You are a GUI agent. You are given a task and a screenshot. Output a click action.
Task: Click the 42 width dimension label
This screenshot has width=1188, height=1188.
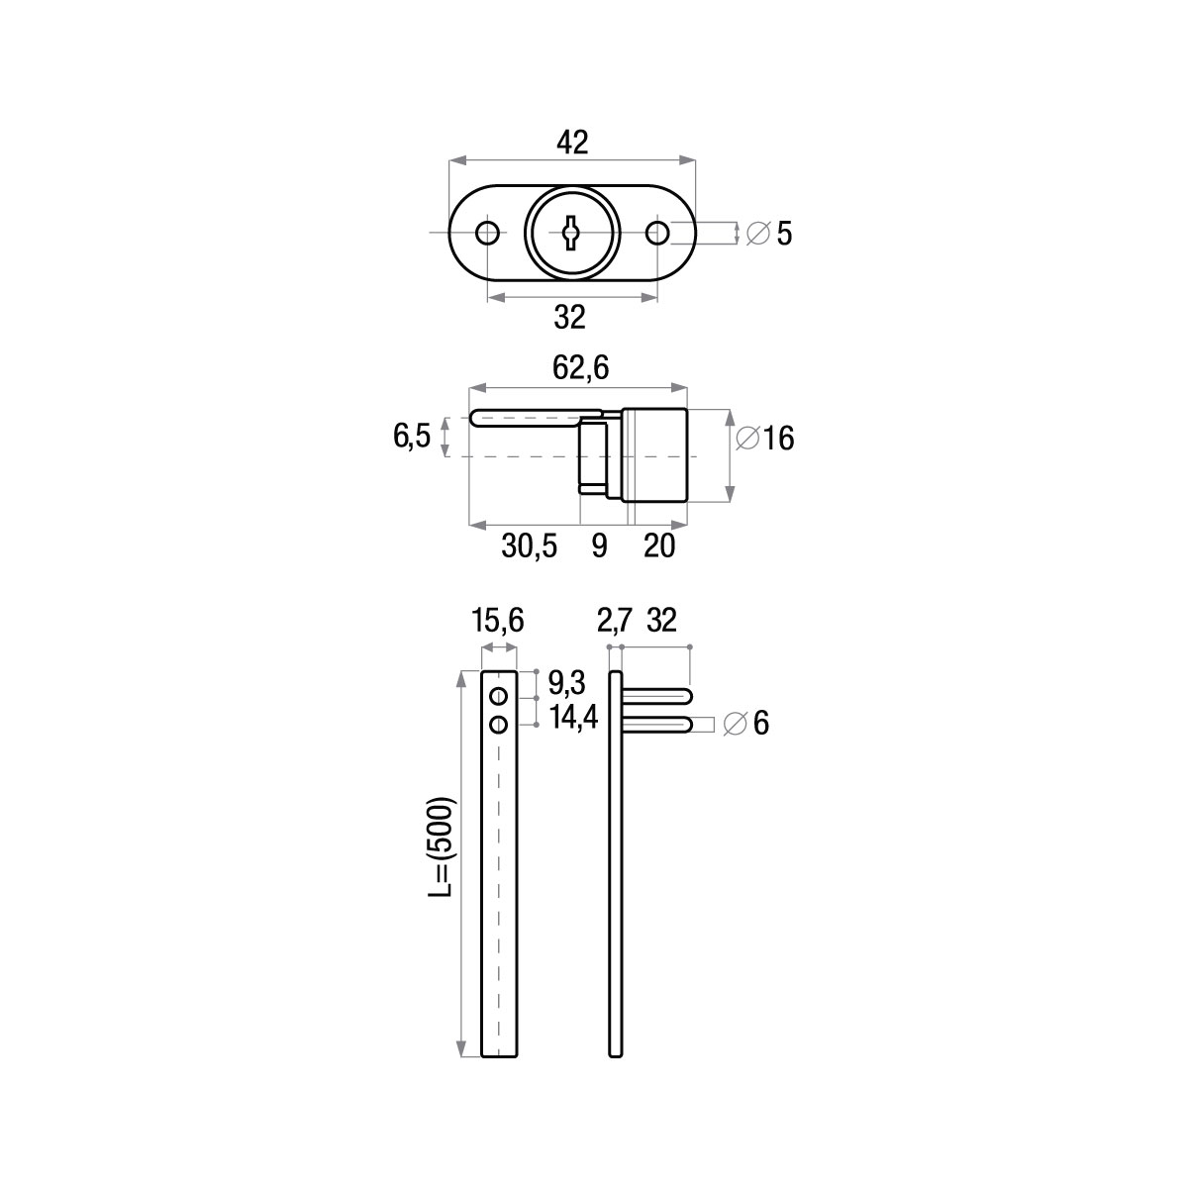pos(572,143)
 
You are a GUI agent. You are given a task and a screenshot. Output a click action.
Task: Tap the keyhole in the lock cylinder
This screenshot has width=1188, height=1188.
pos(571,233)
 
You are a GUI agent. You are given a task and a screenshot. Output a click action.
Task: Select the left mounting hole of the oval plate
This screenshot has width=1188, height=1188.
pos(488,233)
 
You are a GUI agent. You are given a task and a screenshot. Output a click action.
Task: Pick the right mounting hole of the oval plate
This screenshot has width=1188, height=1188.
pos(657,233)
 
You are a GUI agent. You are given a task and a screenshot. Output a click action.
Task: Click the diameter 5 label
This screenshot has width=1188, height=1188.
pos(769,234)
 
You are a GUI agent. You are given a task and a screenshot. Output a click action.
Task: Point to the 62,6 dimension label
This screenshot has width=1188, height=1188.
pos(580,368)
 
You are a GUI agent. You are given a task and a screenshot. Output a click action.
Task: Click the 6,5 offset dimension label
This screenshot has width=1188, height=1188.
pos(412,437)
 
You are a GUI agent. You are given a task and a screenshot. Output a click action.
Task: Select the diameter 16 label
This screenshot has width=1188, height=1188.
pos(765,439)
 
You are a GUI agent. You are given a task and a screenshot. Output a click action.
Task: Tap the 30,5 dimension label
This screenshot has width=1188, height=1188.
pos(529,546)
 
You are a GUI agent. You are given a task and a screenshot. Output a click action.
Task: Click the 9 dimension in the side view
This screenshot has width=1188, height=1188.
pos(599,546)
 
